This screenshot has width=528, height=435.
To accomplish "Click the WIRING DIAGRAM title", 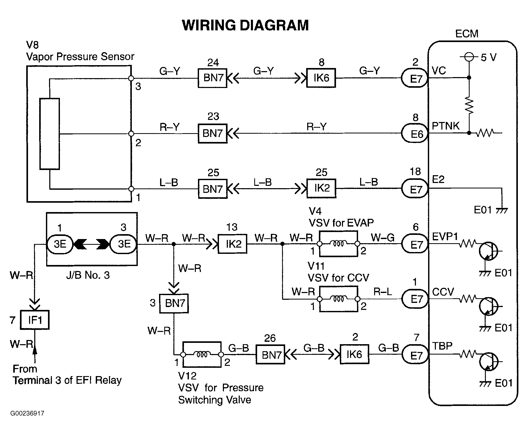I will click(245, 25).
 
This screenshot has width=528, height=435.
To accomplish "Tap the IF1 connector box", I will click(35, 320).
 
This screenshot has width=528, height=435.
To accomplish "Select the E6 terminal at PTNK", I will click(415, 134).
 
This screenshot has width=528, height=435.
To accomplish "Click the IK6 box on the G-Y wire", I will click(321, 78).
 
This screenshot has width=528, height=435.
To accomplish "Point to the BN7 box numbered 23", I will click(212, 133).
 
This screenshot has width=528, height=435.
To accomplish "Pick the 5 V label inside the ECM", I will click(488, 57).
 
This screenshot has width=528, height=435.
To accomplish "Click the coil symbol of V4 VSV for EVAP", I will click(338, 244).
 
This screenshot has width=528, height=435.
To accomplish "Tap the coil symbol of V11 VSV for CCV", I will click(338, 299).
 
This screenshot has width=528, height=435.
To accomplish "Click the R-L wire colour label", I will click(383, 292).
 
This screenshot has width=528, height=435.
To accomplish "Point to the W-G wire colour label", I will click(383, 237).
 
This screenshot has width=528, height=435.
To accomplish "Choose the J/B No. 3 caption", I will click(88, 275).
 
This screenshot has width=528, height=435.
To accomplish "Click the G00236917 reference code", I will click(27, 413).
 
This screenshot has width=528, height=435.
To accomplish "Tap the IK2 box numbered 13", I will click(232, 244).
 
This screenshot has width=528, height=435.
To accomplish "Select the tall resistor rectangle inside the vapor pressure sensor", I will click(50, 134).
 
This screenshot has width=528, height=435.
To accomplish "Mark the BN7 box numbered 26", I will click(270, 355).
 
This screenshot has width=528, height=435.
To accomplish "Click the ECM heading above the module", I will click(467, 34).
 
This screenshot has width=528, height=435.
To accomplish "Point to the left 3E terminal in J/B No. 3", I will click(60, 244).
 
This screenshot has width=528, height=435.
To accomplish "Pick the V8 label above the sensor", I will click(32, 45).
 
